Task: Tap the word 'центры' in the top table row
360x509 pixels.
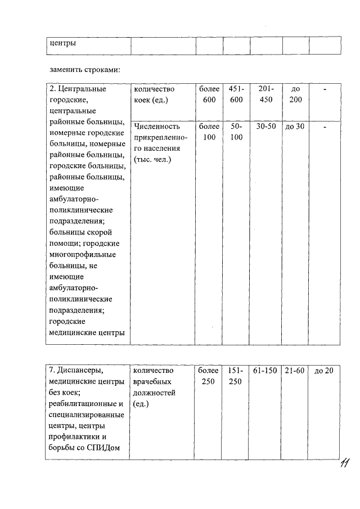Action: [62, 43]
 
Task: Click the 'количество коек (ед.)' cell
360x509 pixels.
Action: [154, 94]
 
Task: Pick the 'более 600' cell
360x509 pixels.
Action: [209, 94]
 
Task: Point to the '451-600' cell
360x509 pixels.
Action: [236, 94]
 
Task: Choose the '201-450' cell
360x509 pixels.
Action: [266, 94]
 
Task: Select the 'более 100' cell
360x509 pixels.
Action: [209, 132]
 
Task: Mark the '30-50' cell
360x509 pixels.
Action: [266, 127]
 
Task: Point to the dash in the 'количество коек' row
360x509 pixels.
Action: [325, 89]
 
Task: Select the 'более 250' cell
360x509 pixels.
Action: [209, 376]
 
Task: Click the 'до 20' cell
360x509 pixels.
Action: [325, 371]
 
